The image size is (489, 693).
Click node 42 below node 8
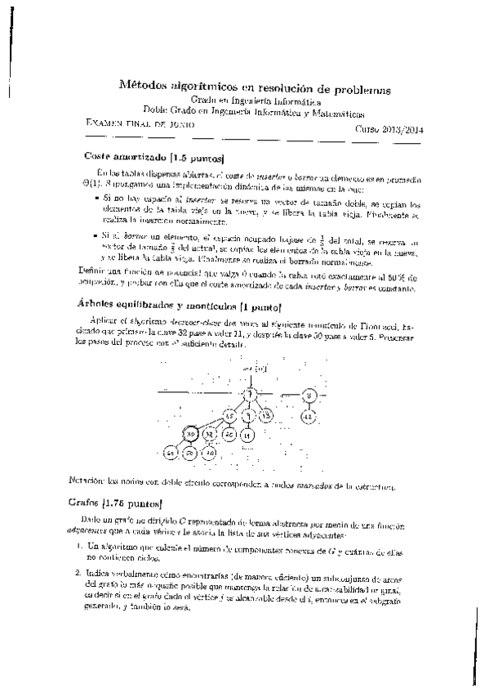308,416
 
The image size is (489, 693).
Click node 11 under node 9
249,435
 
